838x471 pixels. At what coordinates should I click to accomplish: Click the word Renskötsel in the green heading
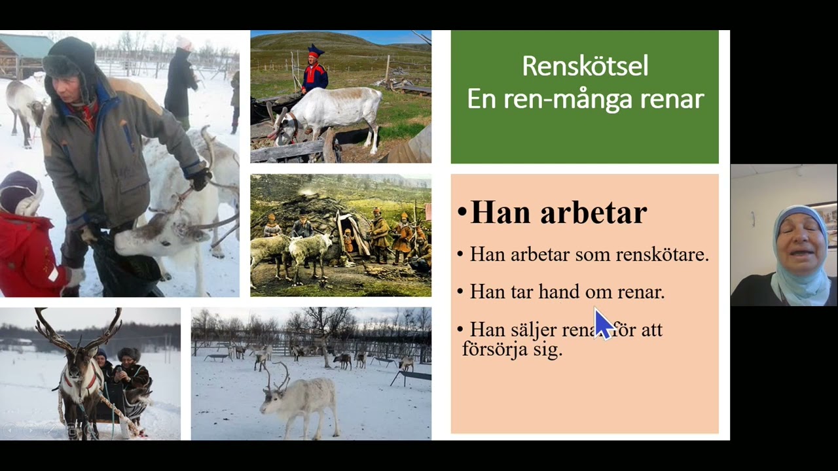click(x=585, y=66)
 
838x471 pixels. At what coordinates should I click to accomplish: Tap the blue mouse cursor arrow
click(x=602, y=323)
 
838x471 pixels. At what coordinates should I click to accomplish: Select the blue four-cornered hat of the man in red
click(x=316, y=51)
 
